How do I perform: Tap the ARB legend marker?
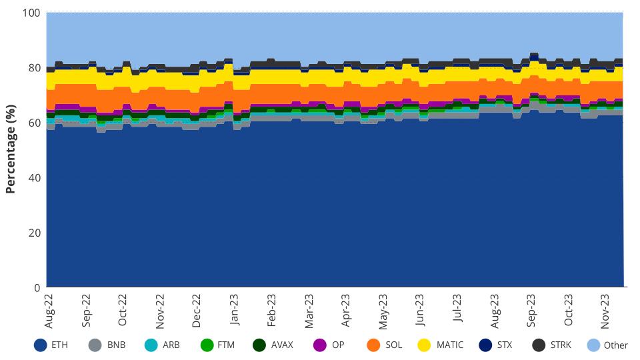[151, 345]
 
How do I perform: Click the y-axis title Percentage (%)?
[10, 150]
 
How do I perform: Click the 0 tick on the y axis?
[37, 287]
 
